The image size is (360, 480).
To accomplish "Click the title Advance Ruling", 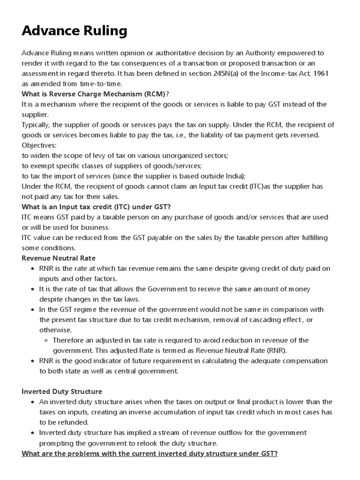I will pyautogui.click(x=75, y=31).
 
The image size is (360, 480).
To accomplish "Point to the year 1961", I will pyautogui.click(x=322, y=74).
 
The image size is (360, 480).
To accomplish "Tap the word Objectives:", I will pyautogui.click(x=39, y=145).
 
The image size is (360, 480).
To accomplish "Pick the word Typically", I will pyautogui.click(x=35, y=125).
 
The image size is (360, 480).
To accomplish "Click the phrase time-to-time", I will pyautogui.click(x=103, y=83).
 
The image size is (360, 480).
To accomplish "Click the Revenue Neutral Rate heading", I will pyautogui.click(x=59, y=258).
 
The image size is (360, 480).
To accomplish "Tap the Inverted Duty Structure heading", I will pyautogui.click(x=62, y=391).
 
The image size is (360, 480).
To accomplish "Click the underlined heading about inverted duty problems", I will pyautogui.click(x=150, y=453).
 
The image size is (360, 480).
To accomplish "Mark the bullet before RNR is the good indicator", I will pyautogui.click(x=32, y=361).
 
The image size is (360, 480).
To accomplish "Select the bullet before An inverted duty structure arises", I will pyautogui.click(x=32, y=402).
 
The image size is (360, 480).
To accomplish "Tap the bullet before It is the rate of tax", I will pyautogui.click(x=32, y=289).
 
